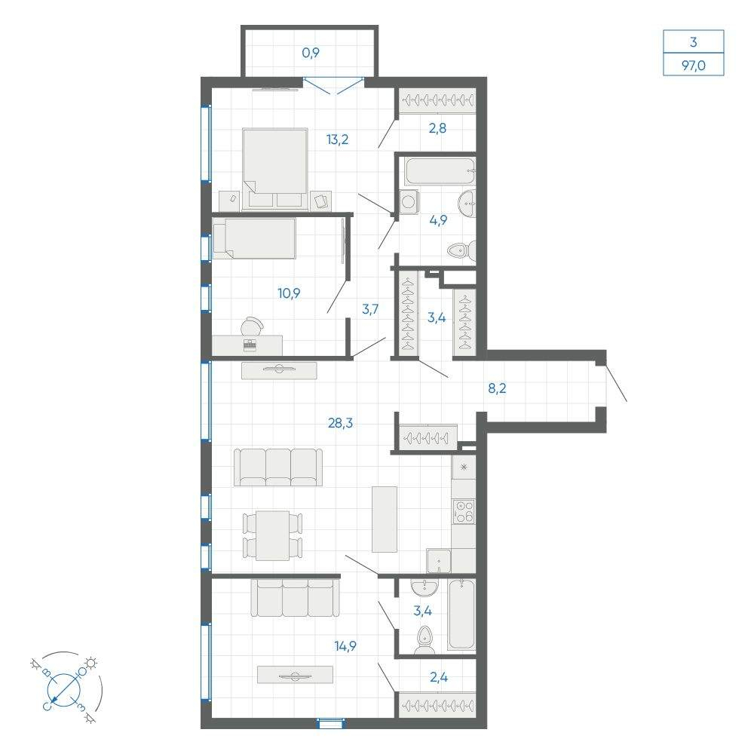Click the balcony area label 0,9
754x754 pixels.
[311, 53]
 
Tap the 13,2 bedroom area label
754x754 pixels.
[337, 140]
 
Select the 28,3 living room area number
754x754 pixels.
[341, 423]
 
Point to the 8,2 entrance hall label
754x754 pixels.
[497, 388]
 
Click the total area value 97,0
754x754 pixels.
[694, 65]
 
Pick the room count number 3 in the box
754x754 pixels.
[694, 41]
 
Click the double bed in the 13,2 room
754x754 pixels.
[275, 169]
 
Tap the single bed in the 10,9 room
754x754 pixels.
[254, 238]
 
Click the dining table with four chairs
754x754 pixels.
[273, 535]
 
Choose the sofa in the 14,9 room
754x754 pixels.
[295, 598]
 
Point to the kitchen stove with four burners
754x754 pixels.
[464, 511]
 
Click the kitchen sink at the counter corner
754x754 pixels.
[439, 561]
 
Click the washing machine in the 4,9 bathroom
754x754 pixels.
[409, 202]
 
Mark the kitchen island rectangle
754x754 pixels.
[385, 520]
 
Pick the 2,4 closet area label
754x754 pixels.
[439, 677]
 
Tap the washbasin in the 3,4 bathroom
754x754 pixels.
[425, 587]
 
